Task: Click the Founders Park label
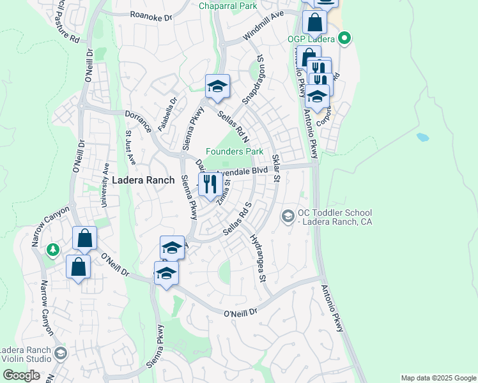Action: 235,152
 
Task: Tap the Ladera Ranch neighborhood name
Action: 143,181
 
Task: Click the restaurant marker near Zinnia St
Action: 210,185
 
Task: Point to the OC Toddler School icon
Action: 288,217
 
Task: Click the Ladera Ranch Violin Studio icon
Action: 60,353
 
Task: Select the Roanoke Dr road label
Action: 151,15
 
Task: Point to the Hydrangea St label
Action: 258,258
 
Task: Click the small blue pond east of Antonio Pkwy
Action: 422,137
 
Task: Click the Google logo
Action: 21,375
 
